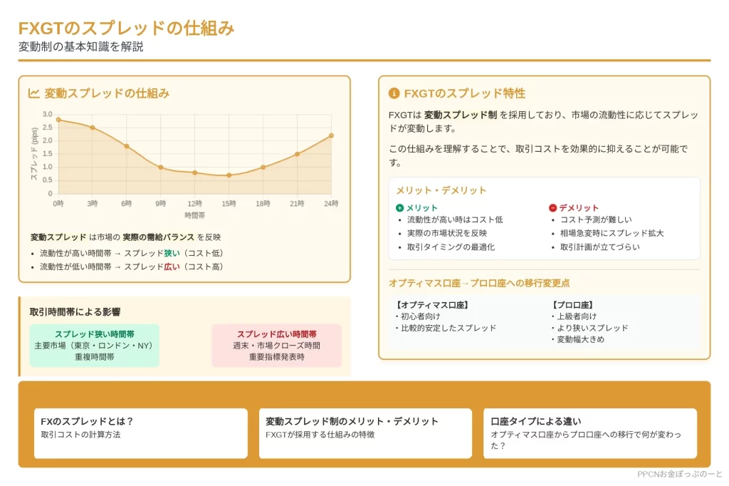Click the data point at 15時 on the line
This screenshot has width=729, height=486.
point(229,175)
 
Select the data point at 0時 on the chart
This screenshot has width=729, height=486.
point(58,120)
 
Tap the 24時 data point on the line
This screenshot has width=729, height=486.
point(331,135)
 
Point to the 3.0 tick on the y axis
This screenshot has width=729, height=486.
point(48,114)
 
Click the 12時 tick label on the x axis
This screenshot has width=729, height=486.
point(195,203)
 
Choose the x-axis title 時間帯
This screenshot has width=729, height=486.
point(195,215)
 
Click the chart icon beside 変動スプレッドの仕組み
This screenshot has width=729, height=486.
point(33,93)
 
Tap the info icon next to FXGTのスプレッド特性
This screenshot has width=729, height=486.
point(394,93)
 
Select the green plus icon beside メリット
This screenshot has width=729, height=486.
point(400,207)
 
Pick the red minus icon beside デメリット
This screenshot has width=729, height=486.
point(552,207)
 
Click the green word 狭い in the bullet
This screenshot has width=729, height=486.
point(172,253)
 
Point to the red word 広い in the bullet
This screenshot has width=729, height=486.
point(172,267)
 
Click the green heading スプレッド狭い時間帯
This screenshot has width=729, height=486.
point(95,334)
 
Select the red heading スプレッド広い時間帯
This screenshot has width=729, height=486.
point(277,334)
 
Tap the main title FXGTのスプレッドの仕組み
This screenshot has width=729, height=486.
point(127,29)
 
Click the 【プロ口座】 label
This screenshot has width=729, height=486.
point(572,305)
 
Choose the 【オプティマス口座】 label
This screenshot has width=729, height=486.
point(432,305)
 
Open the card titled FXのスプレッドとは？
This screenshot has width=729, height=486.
point(140,433)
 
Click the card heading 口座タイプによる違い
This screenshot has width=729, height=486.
point(535,421)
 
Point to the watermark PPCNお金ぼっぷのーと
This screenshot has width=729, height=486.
point(679,474)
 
